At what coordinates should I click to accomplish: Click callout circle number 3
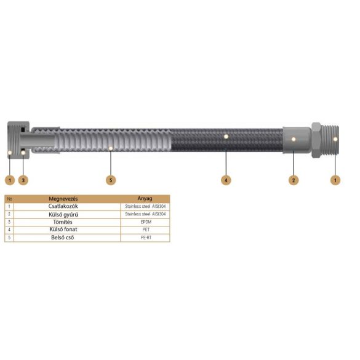tap(23, 180)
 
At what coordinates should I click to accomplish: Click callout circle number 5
tap(110, 180)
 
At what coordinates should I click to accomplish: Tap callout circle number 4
tap(226, 180)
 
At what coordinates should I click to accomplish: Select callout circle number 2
tap(294, 180)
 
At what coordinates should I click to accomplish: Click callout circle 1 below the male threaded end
tap(335, 180)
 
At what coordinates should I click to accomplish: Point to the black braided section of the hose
tap(228, 142)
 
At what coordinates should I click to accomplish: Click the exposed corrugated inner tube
tap(111, 142)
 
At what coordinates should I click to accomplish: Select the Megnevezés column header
tap(63, 199)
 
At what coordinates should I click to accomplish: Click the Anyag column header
tap(145, 199)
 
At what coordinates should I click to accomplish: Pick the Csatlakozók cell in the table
tap(63, 206)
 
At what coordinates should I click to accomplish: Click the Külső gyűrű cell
tap(63, 214)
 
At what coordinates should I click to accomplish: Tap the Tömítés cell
tap(63, 222)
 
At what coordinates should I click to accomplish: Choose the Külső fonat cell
tap(63, 229)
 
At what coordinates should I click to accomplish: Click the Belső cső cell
tap(63, 237)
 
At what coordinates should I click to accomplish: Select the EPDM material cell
tap(145, 222)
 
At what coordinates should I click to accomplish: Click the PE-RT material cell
tap(145, 237)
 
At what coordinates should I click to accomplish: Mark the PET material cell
tap(145, 229)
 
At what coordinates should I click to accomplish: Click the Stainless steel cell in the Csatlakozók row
tap(145, 206)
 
